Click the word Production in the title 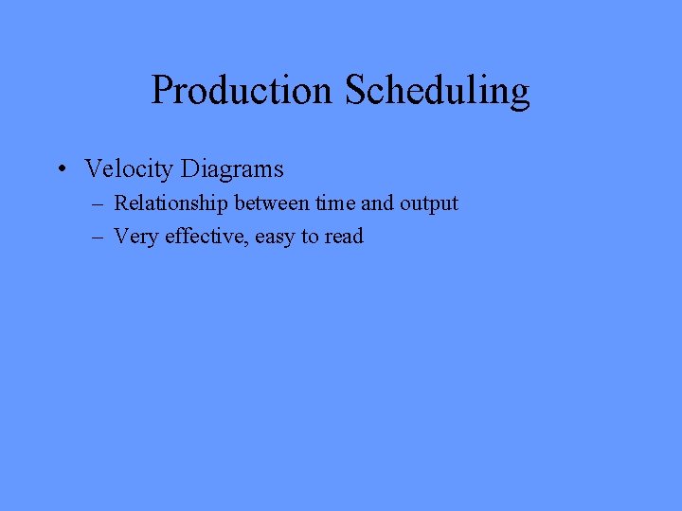pyautogui.click(x=242, y=91)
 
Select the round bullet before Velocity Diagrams pyautogui.click(x=60, y=170)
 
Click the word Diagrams pyautogui.click(x=232, y=169)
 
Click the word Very pyautogui.click(x=136, y=237)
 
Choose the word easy pyautogui.click(x=275, y=238)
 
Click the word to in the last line pyautogui.click(x=310, y=238)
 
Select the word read pyautogui.click(x=344, y=237)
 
